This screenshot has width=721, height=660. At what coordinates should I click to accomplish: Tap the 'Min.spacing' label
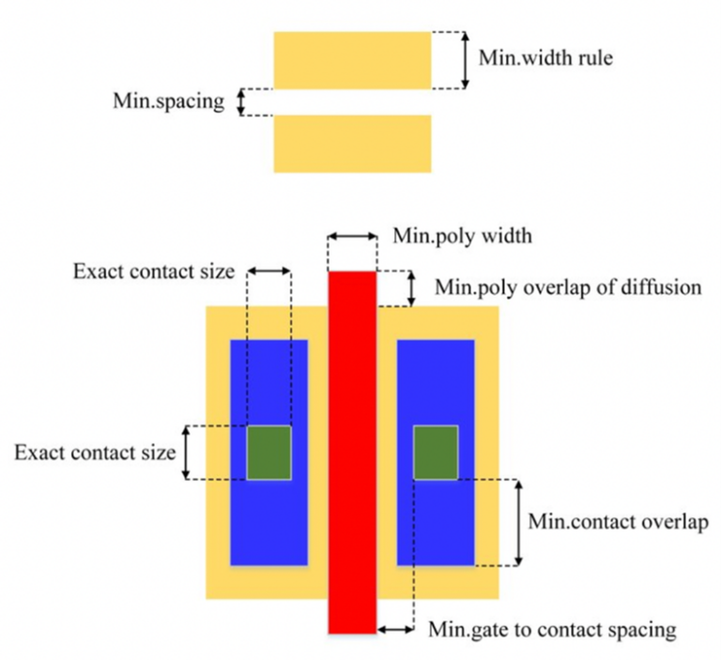168,100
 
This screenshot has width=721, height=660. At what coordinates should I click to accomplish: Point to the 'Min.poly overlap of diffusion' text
568,286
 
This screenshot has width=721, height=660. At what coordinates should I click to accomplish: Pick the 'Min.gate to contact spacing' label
551,628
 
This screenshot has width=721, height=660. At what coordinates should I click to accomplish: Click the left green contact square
268,452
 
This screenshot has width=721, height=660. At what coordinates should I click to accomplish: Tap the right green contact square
436,452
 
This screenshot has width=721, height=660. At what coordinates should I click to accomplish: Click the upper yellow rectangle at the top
352,60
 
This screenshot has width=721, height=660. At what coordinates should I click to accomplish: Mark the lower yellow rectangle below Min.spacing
352,143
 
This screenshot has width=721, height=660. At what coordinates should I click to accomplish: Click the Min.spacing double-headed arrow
239,101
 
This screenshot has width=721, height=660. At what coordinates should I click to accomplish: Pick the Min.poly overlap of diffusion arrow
411,288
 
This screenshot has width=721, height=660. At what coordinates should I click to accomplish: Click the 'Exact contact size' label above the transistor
152,272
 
